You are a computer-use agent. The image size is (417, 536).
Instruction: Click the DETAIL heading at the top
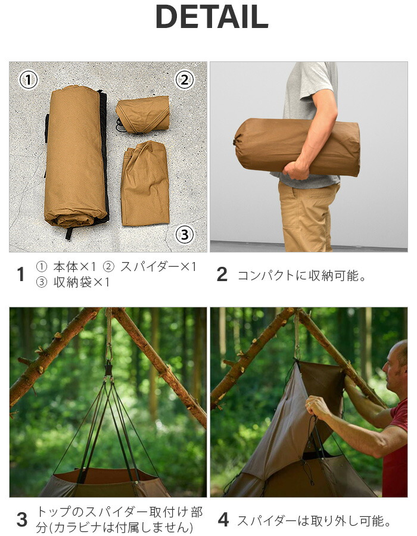(211, 17)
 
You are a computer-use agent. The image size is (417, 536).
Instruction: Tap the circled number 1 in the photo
(29, 79)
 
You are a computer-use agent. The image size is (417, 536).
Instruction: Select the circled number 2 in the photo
(185, 79)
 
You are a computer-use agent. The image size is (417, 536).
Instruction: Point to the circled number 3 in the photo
(185, 235)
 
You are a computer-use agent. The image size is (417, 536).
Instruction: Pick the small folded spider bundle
(143, 114)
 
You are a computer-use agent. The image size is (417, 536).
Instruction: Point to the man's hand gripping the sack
(296, 170)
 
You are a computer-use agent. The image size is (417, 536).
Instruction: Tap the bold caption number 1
(21, 275)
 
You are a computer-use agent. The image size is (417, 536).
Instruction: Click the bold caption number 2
(222, 275)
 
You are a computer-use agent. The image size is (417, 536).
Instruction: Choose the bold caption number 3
(22, 519)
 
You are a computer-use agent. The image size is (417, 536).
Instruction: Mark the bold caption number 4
(223, 519)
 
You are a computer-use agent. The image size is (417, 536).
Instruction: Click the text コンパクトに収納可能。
(301, 275)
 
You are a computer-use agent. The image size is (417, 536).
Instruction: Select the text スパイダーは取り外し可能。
(313, 521)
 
